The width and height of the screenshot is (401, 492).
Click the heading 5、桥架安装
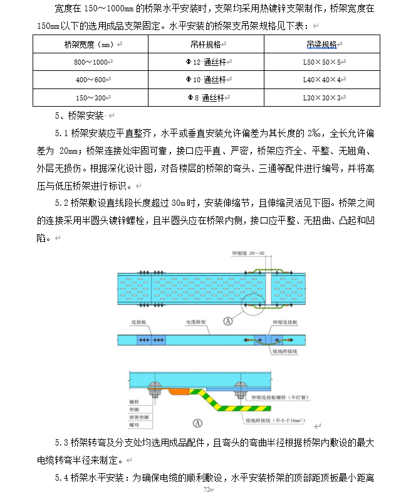point(81,116)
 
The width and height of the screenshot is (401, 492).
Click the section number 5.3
point(62,443)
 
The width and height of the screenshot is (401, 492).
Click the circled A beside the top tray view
point(229,321)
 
